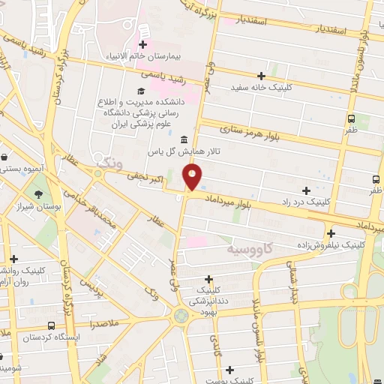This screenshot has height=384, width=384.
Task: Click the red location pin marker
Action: [192, 177]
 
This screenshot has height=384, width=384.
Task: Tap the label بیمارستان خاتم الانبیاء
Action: [143, 55]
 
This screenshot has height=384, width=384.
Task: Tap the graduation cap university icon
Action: [139, 91]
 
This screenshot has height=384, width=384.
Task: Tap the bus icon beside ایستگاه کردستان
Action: [50, 326]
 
